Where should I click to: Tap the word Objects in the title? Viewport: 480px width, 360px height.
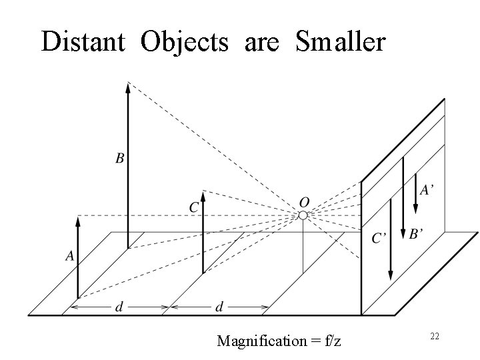184,41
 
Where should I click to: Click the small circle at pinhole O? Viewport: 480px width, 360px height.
303,215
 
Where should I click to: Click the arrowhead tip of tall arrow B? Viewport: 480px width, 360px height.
128,84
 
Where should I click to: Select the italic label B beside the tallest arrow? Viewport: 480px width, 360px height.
119,158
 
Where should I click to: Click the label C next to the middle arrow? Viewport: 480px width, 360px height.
193,208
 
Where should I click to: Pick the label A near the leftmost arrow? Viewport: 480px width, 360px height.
69,255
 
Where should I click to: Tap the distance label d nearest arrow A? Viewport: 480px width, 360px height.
119,307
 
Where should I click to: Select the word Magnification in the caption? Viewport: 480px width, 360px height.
261,341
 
